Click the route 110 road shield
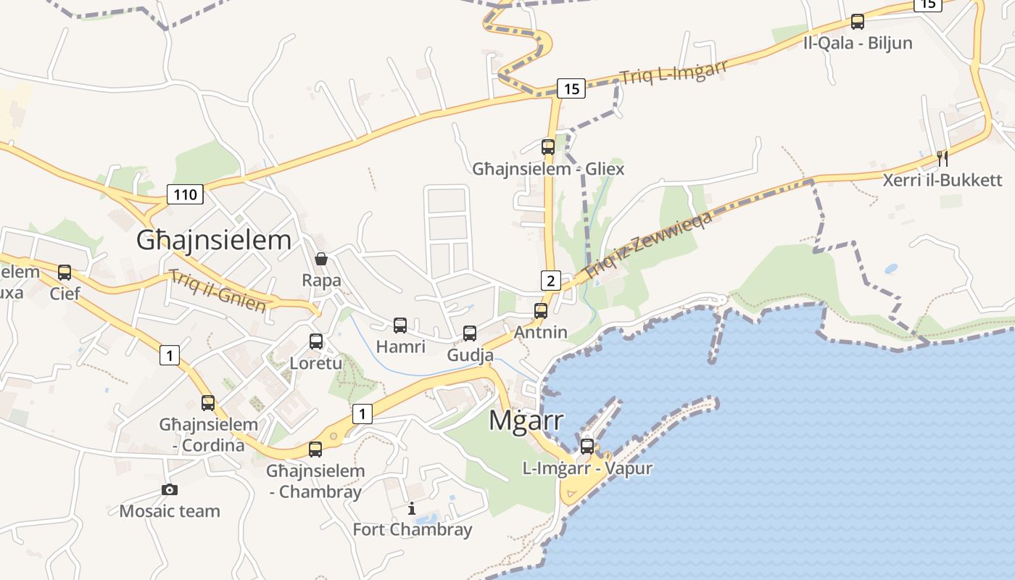click(185, 194)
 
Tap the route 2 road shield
click(551, 281)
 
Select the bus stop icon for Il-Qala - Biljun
click(858, 22)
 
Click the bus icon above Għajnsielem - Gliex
click(548, 147)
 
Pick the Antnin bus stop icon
click(541, 311)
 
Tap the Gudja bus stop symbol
click(470, 333)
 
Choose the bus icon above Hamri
click(400, 326)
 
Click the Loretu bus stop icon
click(316, 341)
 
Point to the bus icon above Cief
click(65, 273)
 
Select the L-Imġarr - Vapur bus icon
click(587, 447)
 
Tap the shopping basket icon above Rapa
click(320, 259)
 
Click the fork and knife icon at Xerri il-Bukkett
click(942, 158)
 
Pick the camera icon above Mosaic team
click(170, 490)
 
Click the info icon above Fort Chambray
click(412, 508)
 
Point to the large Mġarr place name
click(526, 420)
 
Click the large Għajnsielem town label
click(214, 241)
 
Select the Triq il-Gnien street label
click(217, 290)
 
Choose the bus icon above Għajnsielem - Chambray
click(315, 449)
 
